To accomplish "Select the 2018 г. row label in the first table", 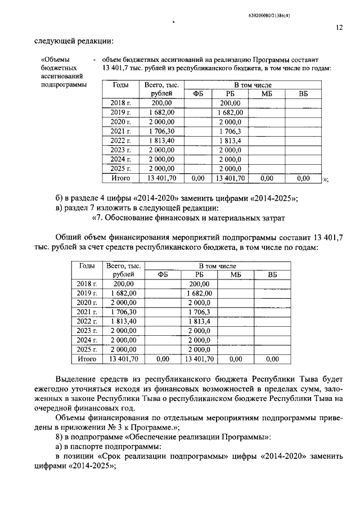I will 120,103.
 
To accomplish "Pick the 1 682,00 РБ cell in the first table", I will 229,112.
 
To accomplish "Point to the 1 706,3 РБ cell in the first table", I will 229,131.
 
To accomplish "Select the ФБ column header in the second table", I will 163,274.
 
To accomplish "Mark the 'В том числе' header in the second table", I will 217,265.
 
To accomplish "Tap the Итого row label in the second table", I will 87,358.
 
